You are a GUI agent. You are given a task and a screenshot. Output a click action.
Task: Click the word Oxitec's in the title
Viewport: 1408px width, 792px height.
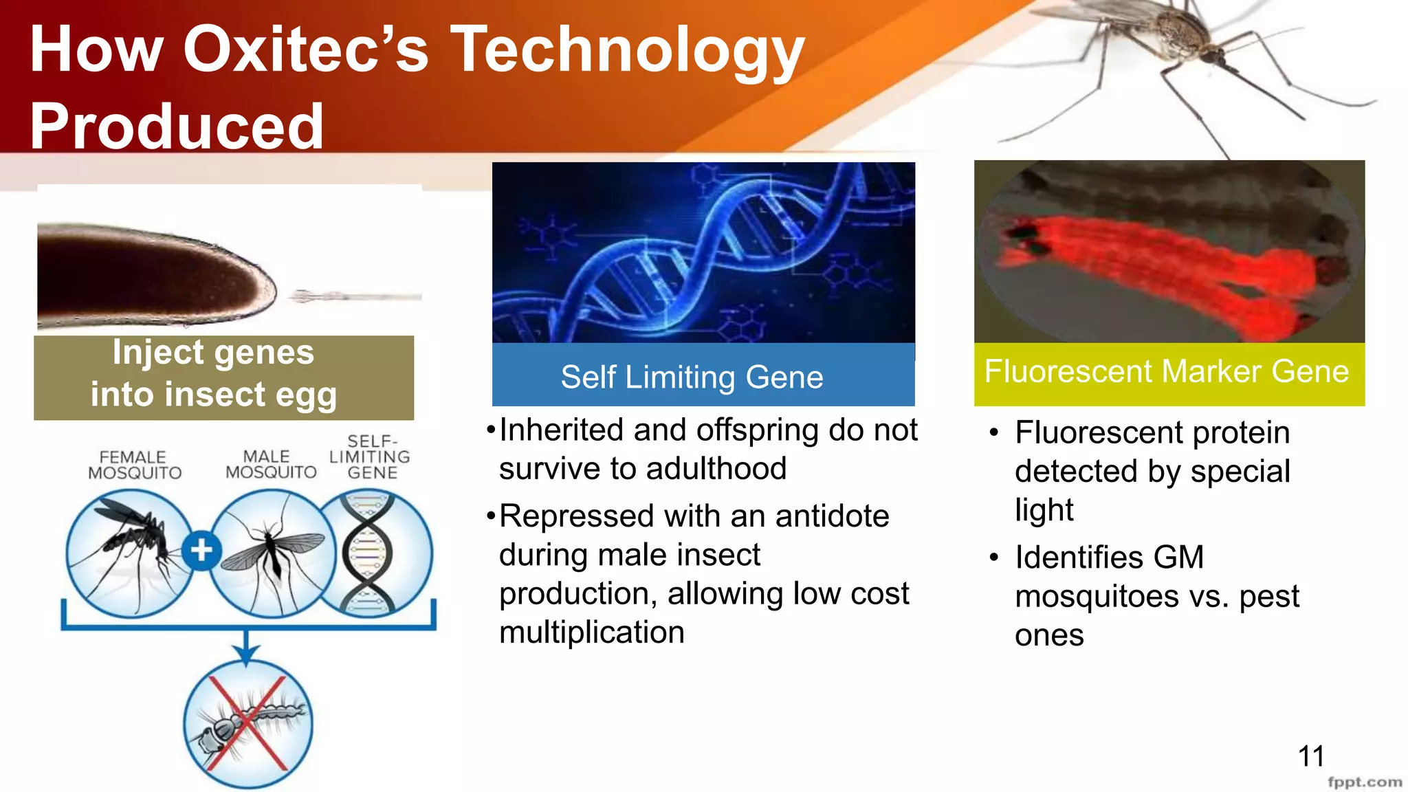[x=305, y=49]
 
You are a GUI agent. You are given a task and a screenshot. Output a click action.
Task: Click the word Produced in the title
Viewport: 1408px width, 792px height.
[x=177, y=126]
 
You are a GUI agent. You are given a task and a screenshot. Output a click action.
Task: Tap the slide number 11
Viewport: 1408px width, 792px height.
[x=1310, y=756]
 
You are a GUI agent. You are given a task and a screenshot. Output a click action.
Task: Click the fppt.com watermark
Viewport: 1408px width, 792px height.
[x=1364, y=782]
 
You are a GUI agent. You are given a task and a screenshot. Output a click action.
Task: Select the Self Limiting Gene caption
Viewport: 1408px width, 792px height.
[x=692, y=377]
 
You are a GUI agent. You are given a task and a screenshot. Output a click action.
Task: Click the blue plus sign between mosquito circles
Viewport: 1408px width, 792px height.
[x=201, y=551]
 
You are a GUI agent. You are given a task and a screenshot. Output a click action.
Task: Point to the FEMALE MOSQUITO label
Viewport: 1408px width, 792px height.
[x=135, y=465]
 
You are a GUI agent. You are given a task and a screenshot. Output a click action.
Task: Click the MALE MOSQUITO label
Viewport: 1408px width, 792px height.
[x=271, y=465]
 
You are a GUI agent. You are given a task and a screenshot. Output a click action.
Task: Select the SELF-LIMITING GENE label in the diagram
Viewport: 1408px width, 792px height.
[x=371, y=456]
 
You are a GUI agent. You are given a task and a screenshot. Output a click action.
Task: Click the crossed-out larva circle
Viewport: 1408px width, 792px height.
[x=248, y=724]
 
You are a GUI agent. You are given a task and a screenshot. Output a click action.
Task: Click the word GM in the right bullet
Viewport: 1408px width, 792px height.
[x=1178, y=557]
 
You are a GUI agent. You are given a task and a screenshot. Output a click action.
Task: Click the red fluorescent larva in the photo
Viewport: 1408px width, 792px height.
[x=1155, y=268]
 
